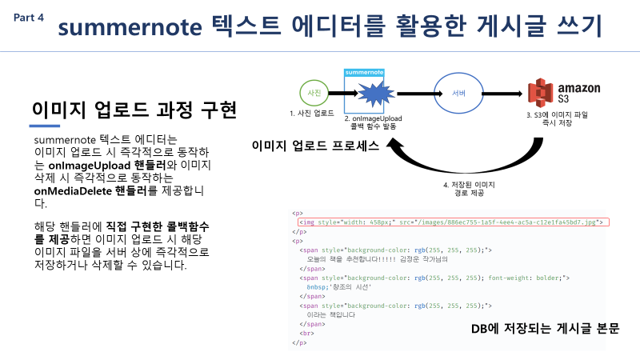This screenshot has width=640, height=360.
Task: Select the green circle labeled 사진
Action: pos(314,94)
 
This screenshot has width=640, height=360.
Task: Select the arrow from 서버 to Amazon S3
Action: pos(505,94)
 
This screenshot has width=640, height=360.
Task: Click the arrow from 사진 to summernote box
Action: pos(337,94)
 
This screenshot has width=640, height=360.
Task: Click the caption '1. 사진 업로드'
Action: pos(312,114)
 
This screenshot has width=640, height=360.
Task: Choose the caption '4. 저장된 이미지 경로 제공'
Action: pos(468,189)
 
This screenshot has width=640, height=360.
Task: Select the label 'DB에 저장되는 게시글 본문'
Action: pos(544,329)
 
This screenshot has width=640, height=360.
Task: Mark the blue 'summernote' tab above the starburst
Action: pos(365,72)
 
